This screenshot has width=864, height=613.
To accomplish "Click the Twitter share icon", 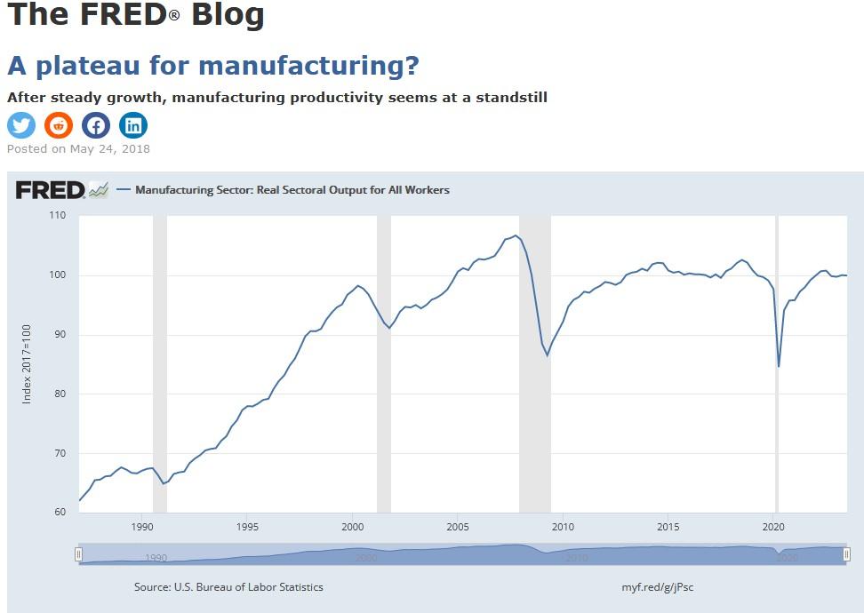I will pos(21,125).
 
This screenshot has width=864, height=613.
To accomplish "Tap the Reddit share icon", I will pos(59,125).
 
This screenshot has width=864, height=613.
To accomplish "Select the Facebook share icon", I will pos(96,125).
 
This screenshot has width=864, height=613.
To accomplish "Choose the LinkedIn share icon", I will pos(133,125).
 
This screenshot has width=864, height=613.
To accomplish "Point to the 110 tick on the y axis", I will pos(58,216).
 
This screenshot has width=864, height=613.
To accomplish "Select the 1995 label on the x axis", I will pos(248,526).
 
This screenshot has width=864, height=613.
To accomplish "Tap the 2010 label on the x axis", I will pos(563,526).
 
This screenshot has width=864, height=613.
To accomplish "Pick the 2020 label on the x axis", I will pos(773,526).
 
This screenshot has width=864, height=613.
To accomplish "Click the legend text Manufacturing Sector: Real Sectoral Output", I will pos(292,189).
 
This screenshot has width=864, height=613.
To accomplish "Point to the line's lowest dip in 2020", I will pos(779,365).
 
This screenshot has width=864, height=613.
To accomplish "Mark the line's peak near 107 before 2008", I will pos(516,236).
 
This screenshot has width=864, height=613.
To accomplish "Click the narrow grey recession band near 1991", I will pos(160,355).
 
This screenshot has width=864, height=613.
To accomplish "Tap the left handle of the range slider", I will pos(79,554).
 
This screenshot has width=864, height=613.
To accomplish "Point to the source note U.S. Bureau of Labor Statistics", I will pos(228,587).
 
